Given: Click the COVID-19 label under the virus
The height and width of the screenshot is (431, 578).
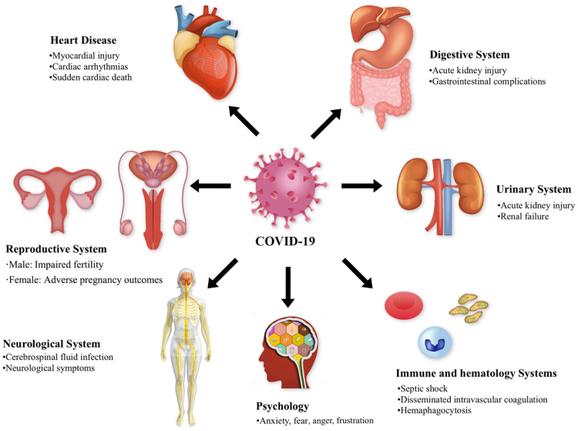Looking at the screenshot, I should (287, 241).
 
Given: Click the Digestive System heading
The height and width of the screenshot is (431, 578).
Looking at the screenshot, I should (470, 55).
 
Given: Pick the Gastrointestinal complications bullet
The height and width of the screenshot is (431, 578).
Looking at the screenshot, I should (488, 81).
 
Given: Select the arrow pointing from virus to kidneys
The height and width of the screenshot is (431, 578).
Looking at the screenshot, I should (361, 185).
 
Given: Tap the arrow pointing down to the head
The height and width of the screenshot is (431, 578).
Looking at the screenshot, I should (288, 286).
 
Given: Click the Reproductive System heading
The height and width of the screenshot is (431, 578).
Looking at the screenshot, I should (57, 249).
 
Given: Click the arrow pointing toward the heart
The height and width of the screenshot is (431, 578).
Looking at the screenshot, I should (245, 121).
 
